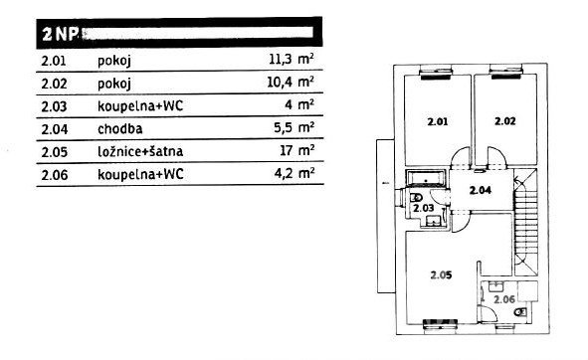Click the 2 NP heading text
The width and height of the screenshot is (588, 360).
coord(60,35)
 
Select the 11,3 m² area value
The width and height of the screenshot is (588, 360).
coord(292,59)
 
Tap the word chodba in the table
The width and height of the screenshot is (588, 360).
coord(120,129)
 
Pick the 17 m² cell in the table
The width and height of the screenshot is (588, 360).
coord(297,150)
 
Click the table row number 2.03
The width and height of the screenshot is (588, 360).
coord(54,106)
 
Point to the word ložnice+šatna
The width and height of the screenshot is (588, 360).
coord(140,151)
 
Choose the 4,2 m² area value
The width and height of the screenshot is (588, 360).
coord(294,174)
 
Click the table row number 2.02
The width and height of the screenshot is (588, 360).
coord(54,84)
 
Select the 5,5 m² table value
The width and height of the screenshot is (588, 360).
coord(294,128)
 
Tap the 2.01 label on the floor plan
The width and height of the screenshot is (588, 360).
coord(437,121)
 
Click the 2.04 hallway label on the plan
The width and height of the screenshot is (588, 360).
coord(481,190)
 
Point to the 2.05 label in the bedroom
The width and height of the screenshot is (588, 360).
coord(441,275)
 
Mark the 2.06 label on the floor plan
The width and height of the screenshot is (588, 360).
coord(504,299)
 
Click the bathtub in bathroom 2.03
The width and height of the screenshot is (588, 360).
coord(427,178)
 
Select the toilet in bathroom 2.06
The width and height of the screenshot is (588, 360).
coord(520,311)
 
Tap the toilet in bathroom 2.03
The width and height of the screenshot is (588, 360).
coord(416,197)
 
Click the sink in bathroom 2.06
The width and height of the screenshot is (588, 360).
coord(496,286)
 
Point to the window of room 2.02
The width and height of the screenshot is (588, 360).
coord(505,72)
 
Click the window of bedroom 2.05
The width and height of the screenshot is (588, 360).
coord(440,325)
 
